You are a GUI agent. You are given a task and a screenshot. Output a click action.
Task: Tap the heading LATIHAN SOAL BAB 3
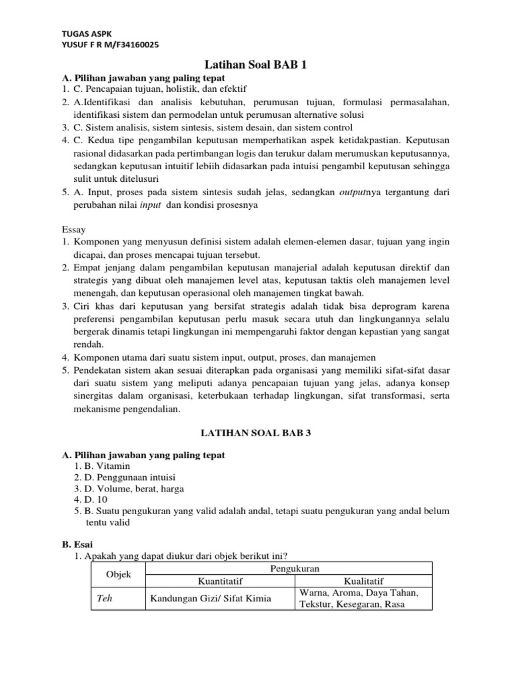pyautogui.click(x=256, y=432)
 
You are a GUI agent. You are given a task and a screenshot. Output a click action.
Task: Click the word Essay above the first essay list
pyautogui.click(x=73, y=229)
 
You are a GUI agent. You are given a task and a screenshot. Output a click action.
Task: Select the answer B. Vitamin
pyautogui.click(x=102, y=466)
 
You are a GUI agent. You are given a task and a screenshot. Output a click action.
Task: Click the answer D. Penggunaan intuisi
pyautogui.click(x=126, y=477)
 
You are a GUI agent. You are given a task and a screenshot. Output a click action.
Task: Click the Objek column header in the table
pyautogui.click(x=119, y=574)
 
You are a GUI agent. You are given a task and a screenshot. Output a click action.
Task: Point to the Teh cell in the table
pyautogui.click(x=104, y=598)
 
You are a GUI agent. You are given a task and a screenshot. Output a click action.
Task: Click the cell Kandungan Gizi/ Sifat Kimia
pyautogui.click(x=211, y=598)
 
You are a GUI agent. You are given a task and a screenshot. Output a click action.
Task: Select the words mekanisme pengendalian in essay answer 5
pyautogui.click(x=126, y=410)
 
